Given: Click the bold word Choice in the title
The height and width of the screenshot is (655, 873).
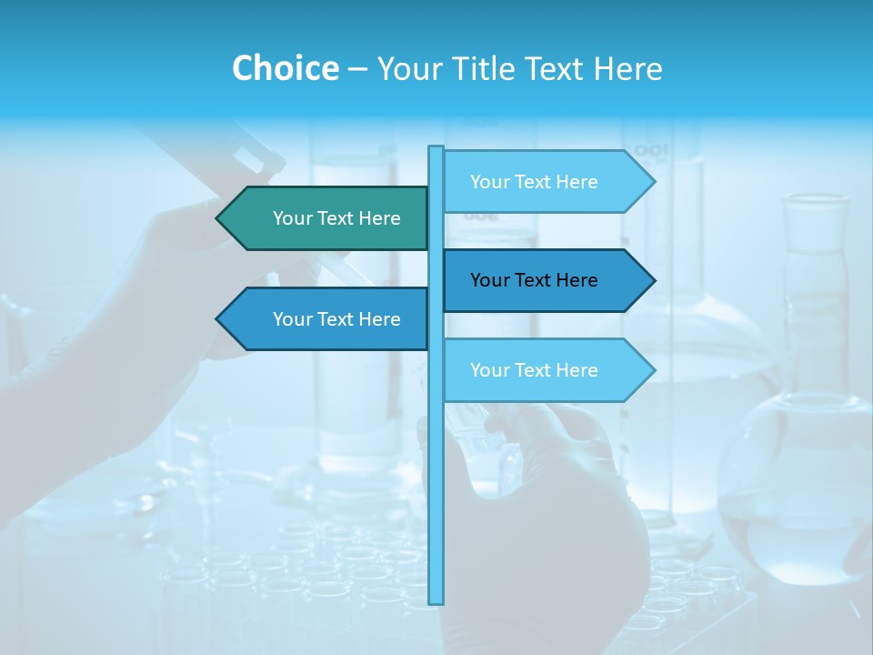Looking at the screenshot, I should click(x=285, y=68).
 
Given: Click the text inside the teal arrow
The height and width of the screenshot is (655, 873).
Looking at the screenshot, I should click(x=336, y=218).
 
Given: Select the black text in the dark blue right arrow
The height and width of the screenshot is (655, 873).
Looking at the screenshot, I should click(x=534, y=280).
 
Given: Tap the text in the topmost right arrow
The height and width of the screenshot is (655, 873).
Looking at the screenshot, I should click(x=534, y=182).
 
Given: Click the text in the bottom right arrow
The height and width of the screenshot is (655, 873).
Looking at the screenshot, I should click(x=534, y=370).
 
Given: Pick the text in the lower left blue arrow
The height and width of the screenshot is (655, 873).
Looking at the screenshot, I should click(x=336, y=319).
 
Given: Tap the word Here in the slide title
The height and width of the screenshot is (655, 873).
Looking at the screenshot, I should click(x=627, y=68).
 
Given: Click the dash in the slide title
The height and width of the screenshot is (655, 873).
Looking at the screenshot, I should click(x=357, y=69).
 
